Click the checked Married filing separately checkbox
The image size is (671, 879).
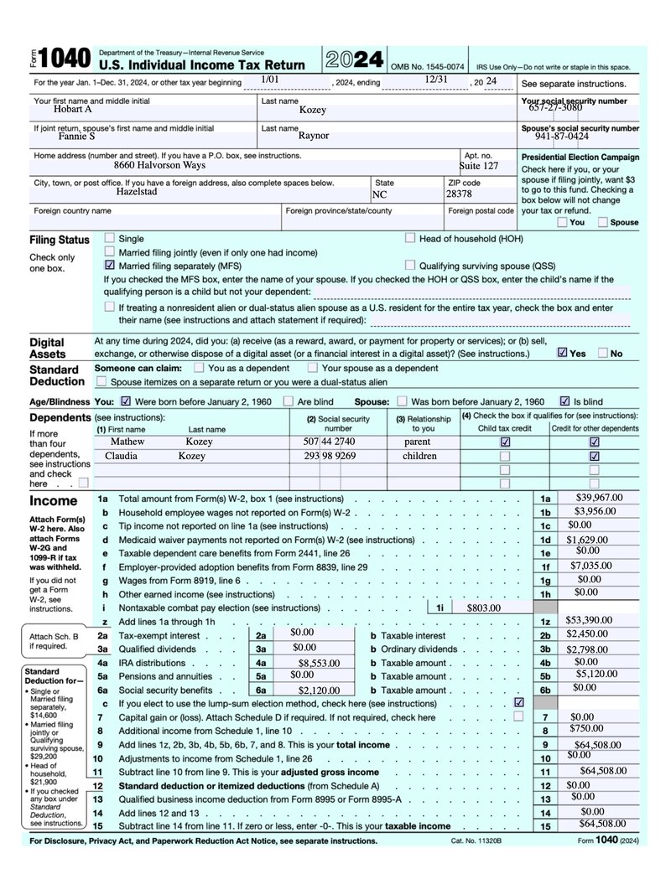pos(110,266)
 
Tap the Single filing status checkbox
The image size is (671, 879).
pos(110,238)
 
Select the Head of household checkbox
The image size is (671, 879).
pos(410,238)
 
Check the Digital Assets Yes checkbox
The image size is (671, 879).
pos(562,353)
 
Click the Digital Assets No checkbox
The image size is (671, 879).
pos(603,353)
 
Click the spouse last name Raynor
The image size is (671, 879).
pos(314,134)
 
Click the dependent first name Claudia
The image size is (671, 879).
pos(121,456)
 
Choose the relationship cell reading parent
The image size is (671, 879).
pos(417,441)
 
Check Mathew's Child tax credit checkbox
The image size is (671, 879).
pos(505,442)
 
